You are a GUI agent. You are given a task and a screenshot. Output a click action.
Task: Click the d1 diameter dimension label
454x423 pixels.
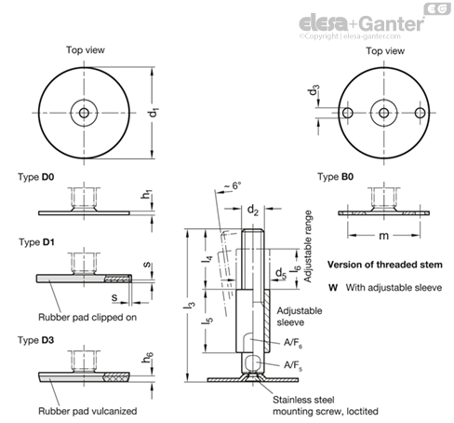point(154,113)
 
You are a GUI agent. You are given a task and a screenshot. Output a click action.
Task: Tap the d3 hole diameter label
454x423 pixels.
point(314,90)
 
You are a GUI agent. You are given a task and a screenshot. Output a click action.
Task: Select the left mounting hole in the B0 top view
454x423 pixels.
point(347,113)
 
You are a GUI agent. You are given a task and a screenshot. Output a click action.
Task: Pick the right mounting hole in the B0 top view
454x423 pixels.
point(421,113)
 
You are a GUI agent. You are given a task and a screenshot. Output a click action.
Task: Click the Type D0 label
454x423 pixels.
point(36,177)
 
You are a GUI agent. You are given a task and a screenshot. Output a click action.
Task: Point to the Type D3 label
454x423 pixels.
point(36,340)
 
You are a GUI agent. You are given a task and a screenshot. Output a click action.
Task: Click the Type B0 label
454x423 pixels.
point(336,177)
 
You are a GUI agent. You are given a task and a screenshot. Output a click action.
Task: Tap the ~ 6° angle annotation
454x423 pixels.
point(233,185)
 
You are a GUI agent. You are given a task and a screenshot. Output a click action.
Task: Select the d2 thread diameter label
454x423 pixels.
point(253,211)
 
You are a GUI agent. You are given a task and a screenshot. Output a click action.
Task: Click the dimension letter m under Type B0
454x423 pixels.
point(384,236)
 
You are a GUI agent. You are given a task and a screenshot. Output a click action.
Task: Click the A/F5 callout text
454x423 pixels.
point(293,365)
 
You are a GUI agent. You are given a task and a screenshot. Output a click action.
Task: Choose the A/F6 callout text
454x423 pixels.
point(293,343)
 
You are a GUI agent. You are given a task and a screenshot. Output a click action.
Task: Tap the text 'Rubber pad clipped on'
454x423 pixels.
point(87,318)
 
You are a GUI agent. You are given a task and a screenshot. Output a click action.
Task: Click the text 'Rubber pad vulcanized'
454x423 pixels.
point(87,411)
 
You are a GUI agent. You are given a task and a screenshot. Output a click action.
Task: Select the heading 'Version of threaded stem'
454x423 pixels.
point(385,265)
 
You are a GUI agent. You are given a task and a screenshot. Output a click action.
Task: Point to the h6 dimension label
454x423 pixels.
point(148,358)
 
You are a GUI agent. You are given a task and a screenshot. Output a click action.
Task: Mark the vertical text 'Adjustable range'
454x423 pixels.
point(308,246)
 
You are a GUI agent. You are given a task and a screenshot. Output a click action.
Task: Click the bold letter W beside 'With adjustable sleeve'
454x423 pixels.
point(333,288)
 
